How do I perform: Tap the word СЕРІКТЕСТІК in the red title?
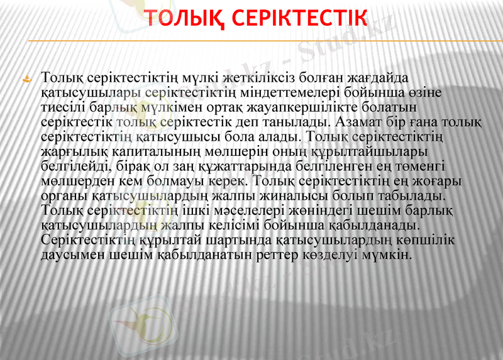[299, 19]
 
